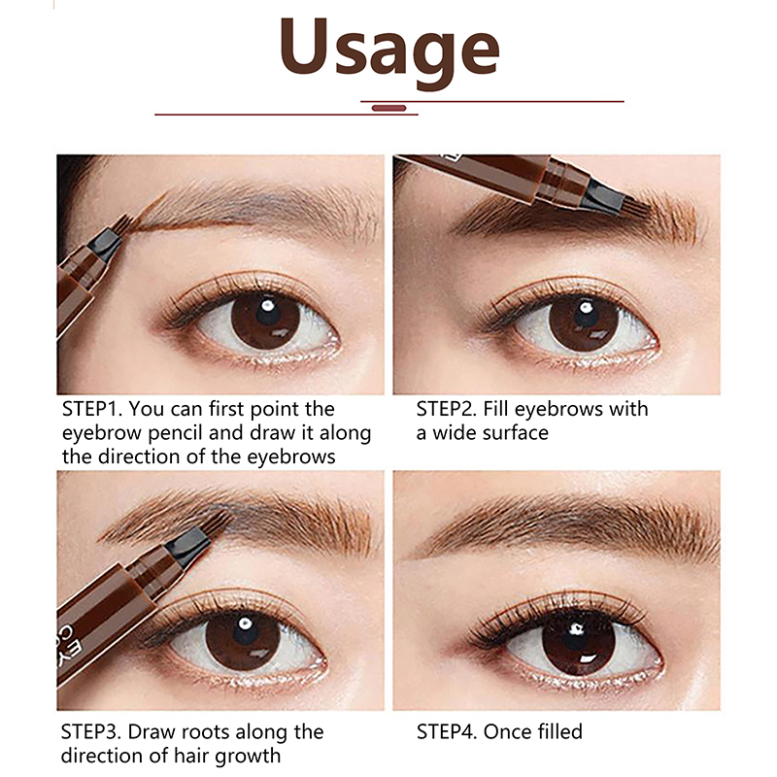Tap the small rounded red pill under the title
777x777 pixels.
point(389,108)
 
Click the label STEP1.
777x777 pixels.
point(92,409)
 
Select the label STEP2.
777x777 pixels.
point(447,409)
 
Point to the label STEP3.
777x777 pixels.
point(92,732)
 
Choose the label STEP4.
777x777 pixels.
point(448,732)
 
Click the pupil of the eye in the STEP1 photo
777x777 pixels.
point(268,313)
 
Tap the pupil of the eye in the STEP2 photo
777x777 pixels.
point(586,315)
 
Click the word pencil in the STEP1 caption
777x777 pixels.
point(176,433)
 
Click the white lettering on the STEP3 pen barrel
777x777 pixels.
point(70,644)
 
